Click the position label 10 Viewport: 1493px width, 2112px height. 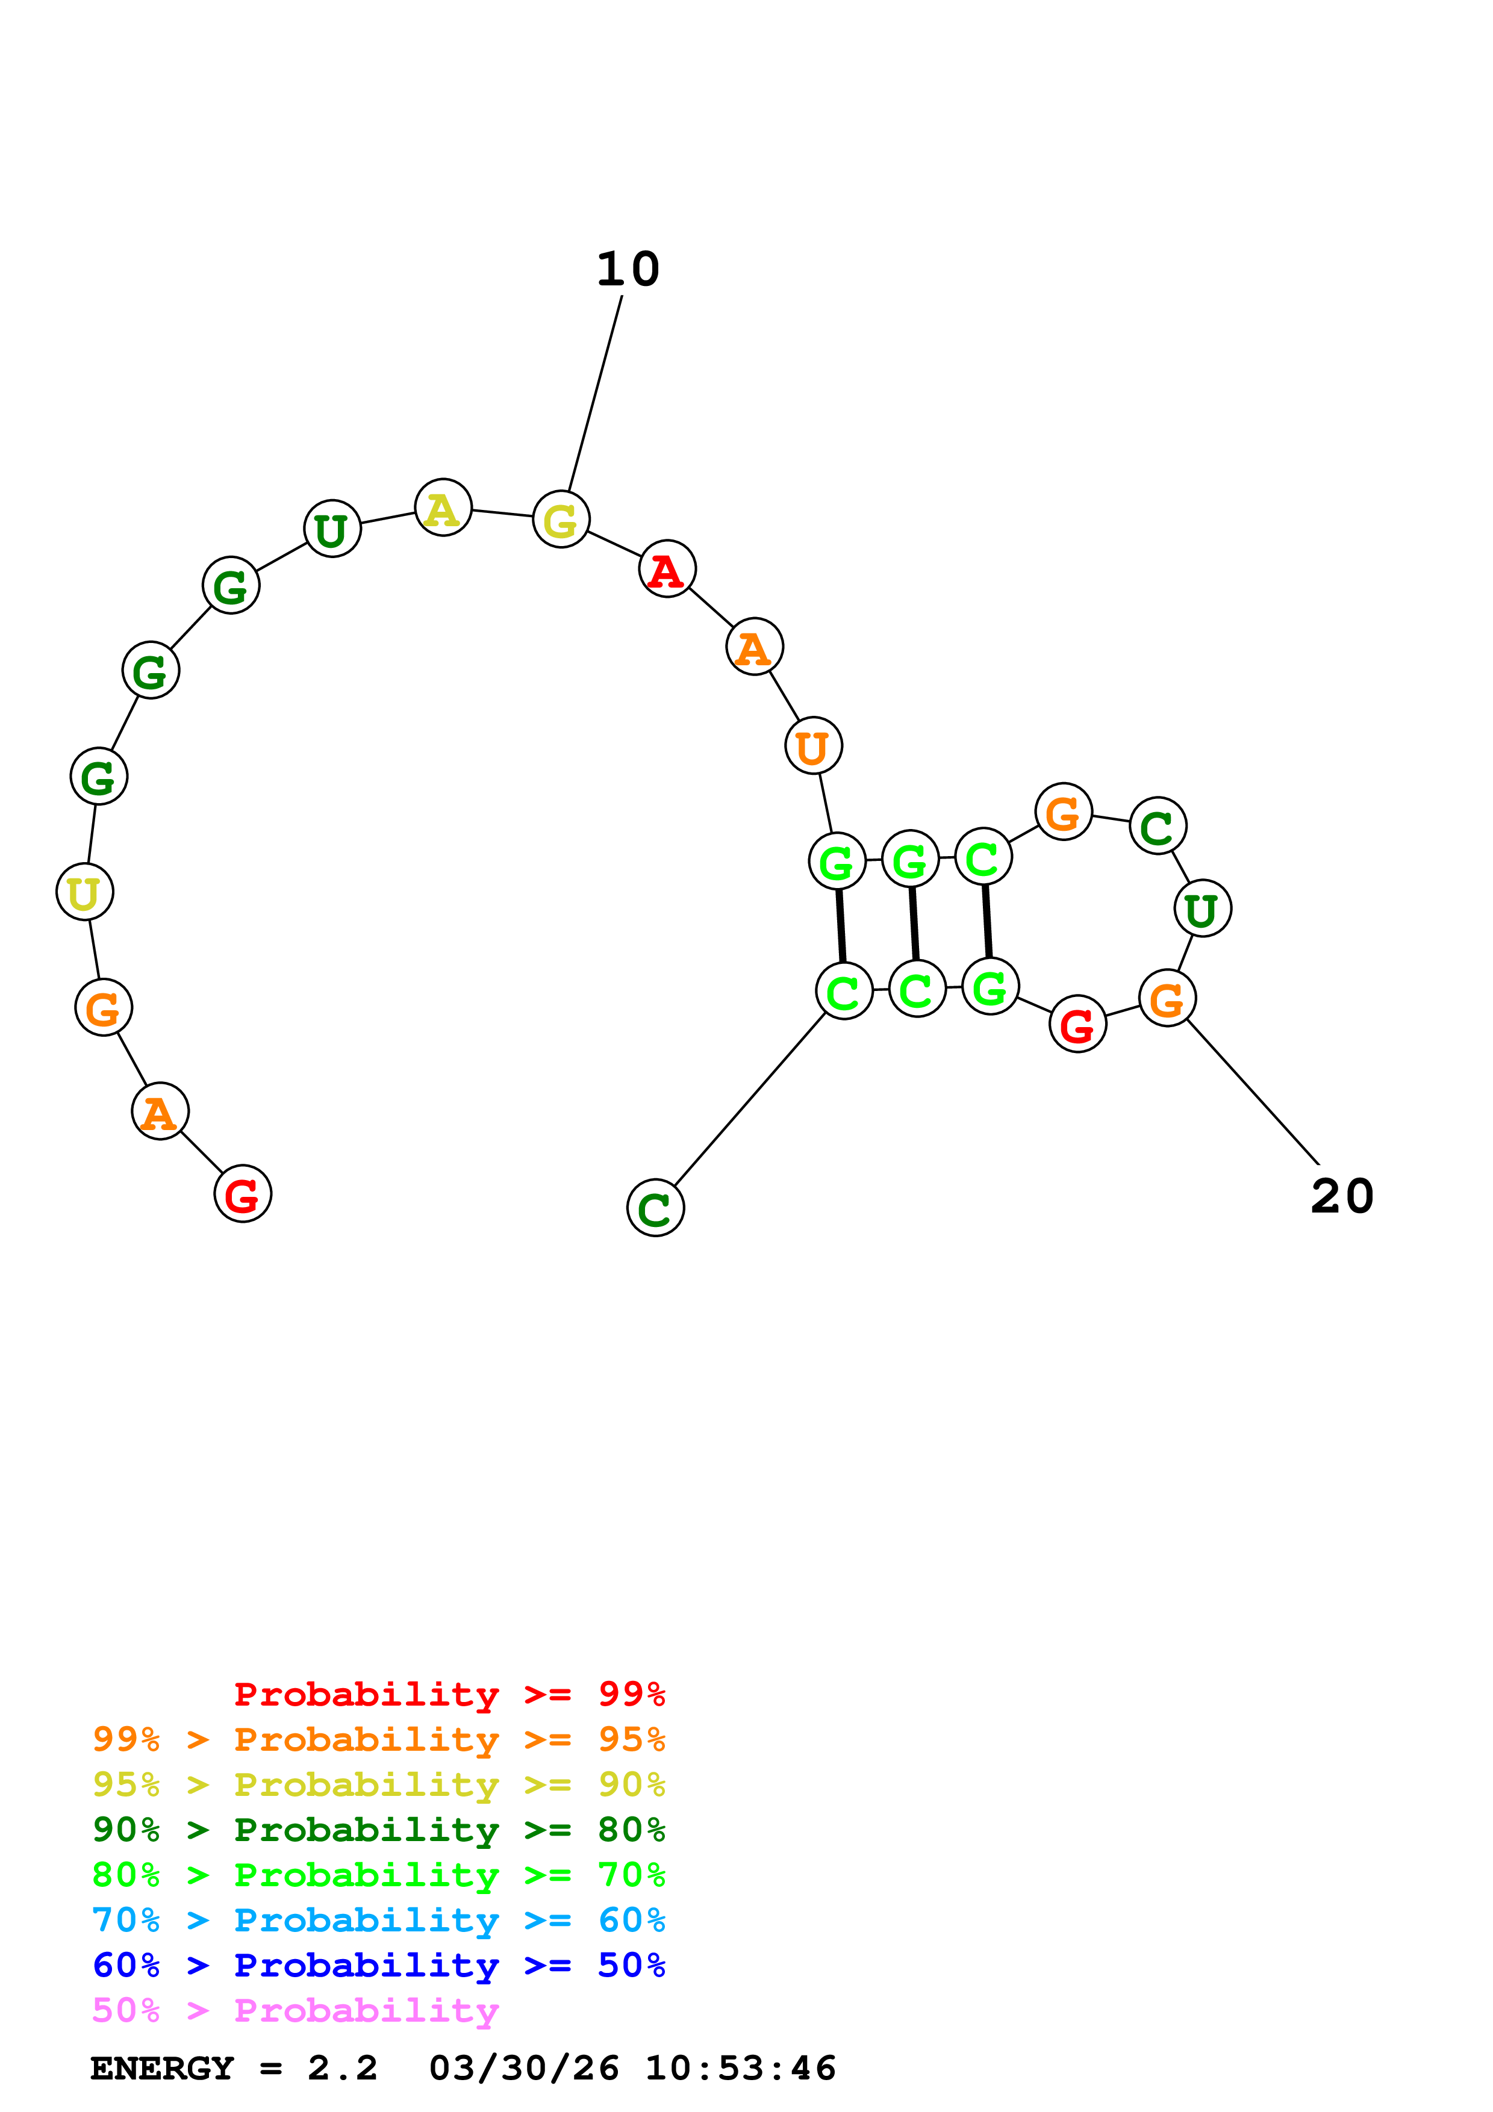click(x=628, y=270)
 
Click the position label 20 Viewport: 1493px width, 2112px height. click(x=1342, y=1197)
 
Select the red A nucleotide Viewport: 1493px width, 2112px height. click(x=667, y=570)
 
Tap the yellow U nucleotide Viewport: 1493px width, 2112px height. click(x=85, y=892)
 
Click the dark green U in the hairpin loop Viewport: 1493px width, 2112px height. click(x=1202, y=909)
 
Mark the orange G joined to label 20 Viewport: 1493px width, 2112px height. click(x=1167, y=998)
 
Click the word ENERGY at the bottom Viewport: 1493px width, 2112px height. click(x=162, y=2068)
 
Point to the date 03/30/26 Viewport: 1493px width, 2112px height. click(x=523, y=2068)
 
